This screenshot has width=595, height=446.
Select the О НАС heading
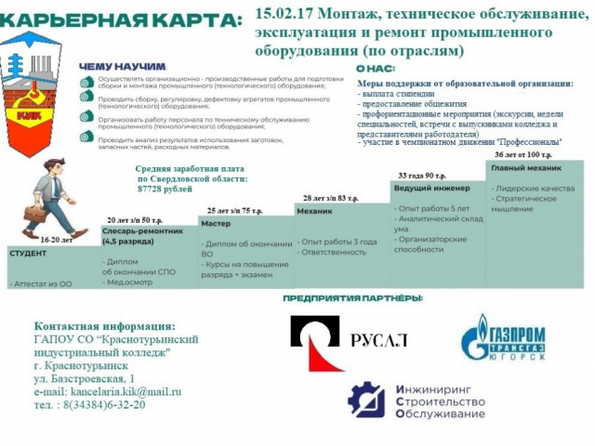pos(375,69)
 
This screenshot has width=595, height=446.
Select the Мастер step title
pos(217,225)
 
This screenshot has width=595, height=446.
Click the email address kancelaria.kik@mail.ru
pos(108,392)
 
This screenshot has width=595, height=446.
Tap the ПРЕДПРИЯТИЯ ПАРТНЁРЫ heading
pos(352,298)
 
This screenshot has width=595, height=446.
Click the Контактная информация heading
pos(103,326)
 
